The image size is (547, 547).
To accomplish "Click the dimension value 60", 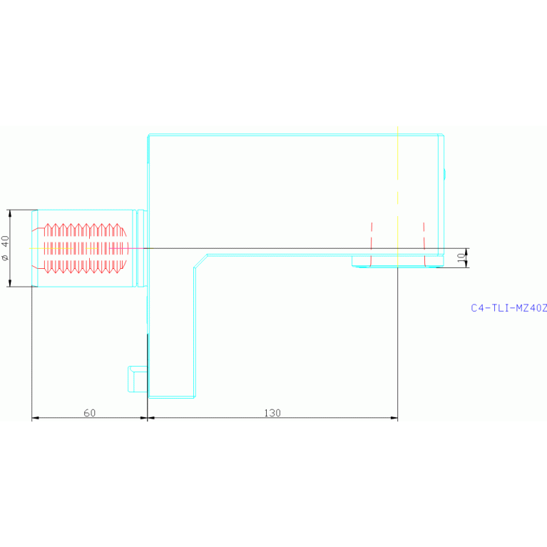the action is pos(90,413).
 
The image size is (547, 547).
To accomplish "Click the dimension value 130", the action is pos(272,413).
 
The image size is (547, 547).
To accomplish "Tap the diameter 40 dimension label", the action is pos(5,248).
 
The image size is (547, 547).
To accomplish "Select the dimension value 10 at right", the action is pos(461,257).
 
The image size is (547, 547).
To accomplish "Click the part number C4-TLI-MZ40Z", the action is pos(508,308).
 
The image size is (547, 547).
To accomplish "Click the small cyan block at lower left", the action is pos(138,379).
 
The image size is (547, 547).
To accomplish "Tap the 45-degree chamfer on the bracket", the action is pos(200,261).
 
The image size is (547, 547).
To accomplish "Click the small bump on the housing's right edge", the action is pos(445,174).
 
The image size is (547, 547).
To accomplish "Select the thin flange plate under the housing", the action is pos(398,261).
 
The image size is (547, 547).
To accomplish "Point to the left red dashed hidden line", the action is pos(371,244).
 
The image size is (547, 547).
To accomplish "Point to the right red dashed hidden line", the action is pos(424,244).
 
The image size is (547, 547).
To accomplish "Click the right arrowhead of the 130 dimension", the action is pos(394,418).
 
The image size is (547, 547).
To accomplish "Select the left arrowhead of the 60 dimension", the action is pos(36,418).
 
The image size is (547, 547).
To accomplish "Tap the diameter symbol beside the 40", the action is pos(5,258).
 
